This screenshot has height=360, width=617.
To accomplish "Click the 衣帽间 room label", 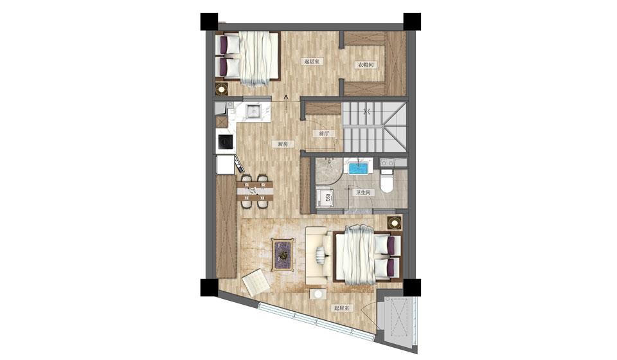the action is (366, 64).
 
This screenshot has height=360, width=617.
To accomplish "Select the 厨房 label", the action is (283, 144).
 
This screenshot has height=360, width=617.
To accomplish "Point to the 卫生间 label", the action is (363, 192).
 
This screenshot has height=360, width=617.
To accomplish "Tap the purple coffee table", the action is (283, 255).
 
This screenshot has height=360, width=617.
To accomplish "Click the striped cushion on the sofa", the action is (321, 253).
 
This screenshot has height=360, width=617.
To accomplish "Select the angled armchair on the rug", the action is (255, 280).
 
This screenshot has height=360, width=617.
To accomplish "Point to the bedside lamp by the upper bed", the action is (222, 89).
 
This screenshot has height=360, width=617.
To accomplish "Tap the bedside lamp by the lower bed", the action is (394, 223).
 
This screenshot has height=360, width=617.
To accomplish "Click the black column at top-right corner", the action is (412, 22).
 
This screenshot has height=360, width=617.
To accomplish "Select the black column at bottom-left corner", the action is (209, 287).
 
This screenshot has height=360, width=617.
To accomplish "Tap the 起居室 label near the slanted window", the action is (341, 308).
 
